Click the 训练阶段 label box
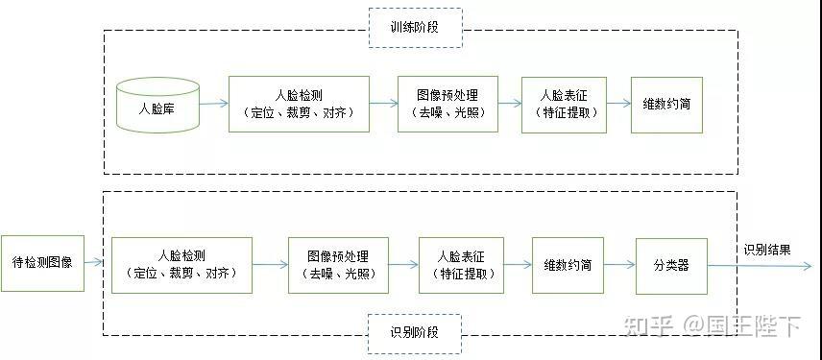tap(415, 28)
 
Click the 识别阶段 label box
tap(414, 333)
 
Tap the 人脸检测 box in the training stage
tap(299, 104)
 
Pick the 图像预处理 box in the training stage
tap(447, 104)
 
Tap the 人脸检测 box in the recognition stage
tap(181, 265)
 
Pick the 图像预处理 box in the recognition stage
tap(338, 265)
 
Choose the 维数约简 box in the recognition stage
tap(573, 265)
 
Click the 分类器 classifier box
tap(671, 265)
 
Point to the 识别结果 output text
tap(767, 250)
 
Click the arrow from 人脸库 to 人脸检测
tap(213, 105)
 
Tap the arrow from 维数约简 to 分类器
tap(625, 266)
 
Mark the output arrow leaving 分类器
tap(759, 267)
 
